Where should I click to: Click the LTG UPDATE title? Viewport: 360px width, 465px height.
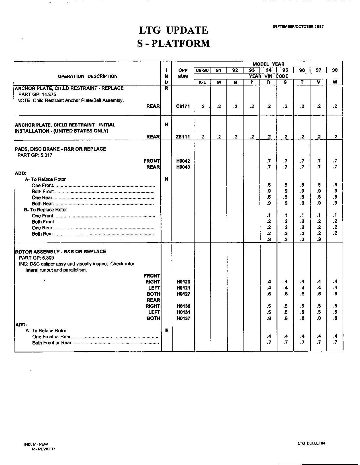173,30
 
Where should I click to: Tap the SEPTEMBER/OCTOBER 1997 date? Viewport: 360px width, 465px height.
298,26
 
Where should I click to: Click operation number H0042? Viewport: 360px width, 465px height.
183,161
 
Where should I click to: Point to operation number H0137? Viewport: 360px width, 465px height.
183,318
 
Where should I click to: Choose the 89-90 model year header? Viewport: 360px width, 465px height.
202,70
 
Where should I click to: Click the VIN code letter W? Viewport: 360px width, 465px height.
335,82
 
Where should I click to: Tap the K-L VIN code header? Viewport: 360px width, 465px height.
202,82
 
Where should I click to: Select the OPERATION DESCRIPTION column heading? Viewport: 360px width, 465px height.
87,76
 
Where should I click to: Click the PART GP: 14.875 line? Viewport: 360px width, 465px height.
37,94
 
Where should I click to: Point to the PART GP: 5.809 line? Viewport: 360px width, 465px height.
36,258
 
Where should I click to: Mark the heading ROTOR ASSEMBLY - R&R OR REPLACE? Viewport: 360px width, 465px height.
60,252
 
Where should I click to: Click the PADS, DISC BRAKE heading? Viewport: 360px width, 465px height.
60,149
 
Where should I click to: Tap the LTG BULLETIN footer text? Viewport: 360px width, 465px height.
311,443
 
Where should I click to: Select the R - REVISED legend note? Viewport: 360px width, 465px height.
43,449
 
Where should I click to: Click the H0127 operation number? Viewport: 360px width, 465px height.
183,294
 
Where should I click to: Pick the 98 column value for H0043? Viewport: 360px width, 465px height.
335,167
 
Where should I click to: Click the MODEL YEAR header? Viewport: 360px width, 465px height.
268,64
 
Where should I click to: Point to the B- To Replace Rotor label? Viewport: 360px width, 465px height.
46,210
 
